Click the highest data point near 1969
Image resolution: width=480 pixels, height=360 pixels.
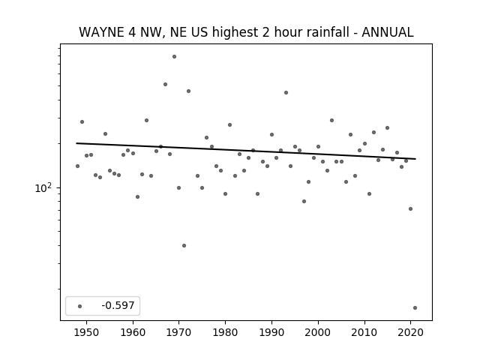[174, 57]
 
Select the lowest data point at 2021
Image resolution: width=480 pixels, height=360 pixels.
[415, 308]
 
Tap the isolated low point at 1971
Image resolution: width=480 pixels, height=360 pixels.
[184, 245]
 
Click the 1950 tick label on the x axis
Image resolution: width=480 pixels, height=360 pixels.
[87, 332]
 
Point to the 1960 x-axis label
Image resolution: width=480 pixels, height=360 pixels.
[133, 332]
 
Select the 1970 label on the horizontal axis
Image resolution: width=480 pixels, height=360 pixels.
[179, 332]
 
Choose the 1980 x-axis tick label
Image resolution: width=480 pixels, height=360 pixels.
[225, 332]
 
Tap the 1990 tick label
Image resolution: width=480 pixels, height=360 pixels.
[271, 332]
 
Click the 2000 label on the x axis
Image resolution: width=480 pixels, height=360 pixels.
[318, 332]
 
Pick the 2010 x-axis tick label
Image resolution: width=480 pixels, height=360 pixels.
[364, 332]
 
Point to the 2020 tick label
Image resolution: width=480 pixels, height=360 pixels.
[410, 332]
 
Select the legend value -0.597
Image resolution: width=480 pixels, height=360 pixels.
[118, 305]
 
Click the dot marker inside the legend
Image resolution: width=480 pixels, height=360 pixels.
[79, 306]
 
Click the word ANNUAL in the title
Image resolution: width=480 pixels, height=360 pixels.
[388, 32]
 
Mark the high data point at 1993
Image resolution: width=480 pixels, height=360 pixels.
[286, 92]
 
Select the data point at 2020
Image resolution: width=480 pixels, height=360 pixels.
[410, 208]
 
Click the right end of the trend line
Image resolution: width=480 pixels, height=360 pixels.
[415, 159]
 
